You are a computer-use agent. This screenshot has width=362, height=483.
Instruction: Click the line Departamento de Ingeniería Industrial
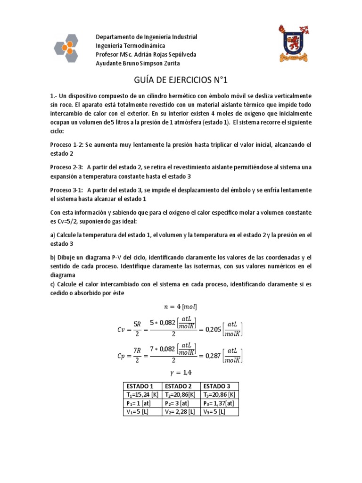(147, 37)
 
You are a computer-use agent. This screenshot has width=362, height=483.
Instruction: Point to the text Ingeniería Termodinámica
(131, 46)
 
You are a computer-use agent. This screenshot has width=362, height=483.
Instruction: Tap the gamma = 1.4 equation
(181, 373)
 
